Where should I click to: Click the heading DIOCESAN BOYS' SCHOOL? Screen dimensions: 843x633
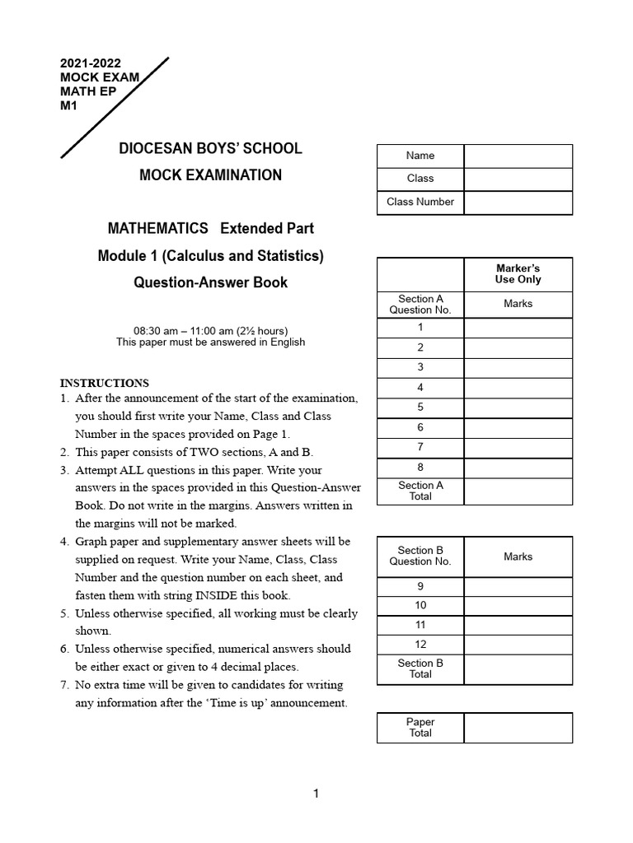210,149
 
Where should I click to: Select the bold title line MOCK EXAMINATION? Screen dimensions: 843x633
210,175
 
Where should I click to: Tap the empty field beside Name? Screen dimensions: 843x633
518,156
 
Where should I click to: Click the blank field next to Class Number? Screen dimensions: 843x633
518,202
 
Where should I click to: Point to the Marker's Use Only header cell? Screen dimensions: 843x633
518,274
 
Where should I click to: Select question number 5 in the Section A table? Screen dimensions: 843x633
420,408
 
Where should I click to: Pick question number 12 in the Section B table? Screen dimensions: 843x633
420,645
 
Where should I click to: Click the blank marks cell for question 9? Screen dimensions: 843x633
518,587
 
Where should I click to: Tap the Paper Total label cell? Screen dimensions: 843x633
420,728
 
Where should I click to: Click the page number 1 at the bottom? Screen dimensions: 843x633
316,794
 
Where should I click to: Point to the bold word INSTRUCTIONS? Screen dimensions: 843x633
105,383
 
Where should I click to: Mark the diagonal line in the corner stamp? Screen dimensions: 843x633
115,107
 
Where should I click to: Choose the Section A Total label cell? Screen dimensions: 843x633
420,491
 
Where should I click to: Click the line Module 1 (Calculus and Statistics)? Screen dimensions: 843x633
210,256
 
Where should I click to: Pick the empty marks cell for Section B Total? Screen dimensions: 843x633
518,669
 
